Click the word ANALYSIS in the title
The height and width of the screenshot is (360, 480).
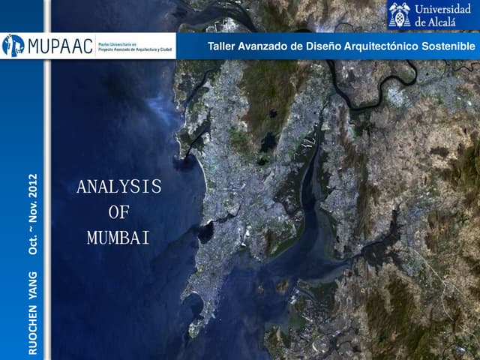[x=118, y=187]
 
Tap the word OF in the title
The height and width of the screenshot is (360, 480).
[x=118, y=212]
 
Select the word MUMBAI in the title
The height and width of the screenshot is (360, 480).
[x=118, y=238]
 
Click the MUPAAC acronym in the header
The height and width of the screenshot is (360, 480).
[x=61, y=46]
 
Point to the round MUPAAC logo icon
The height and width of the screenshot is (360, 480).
[x=13, y=46]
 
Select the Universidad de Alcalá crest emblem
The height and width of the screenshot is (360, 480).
[x=399, y=14]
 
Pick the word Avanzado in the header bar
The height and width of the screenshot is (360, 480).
[x=265, y=47]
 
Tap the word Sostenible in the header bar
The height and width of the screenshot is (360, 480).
[x=449, y=47]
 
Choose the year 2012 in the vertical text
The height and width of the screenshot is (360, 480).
[x=33, y=187]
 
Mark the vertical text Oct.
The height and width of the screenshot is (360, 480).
[x=33, y=243]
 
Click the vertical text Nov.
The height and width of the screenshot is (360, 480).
[x=33, y=214]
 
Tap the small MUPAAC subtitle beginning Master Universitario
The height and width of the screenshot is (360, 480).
[x=135, y=46]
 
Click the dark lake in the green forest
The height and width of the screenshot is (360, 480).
[x=268, y=140]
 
